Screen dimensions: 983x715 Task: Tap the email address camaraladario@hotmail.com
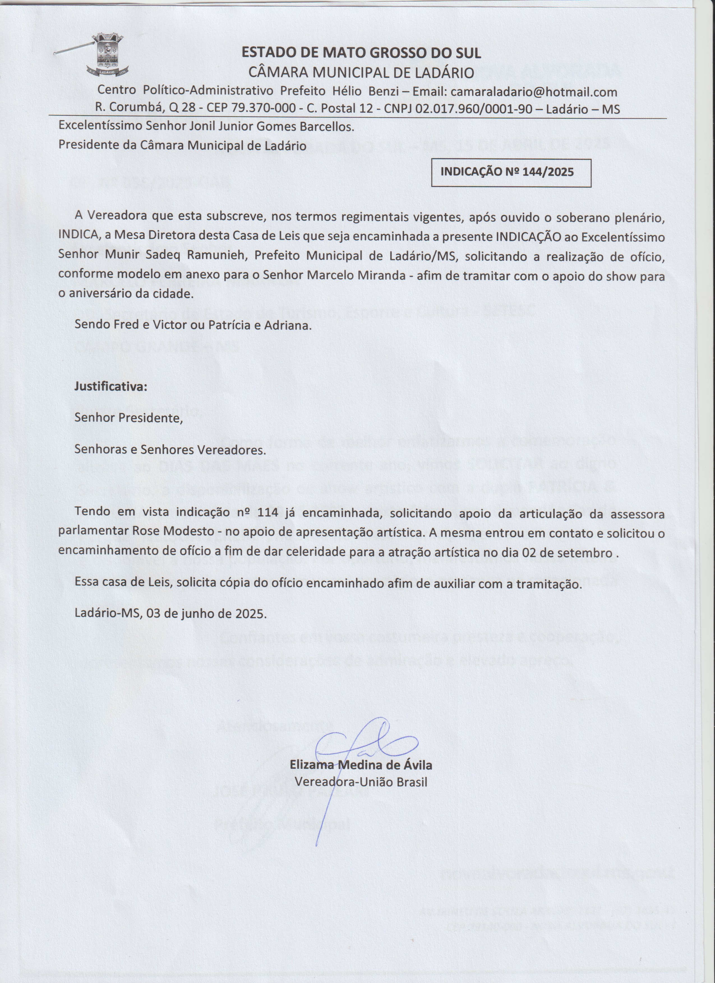[x=534, y=92]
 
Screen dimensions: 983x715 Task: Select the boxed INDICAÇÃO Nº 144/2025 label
[x=507, y=172]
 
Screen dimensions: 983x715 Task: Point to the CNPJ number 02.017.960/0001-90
[x=474, y=108]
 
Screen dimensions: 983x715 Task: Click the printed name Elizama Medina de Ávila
[x=361, y=765]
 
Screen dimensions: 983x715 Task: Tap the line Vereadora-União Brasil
[x=361, y=782]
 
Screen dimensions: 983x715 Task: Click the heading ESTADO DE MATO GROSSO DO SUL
[x=361, y=53]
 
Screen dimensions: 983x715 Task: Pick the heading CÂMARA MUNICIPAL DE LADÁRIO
[x=361, y=72]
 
